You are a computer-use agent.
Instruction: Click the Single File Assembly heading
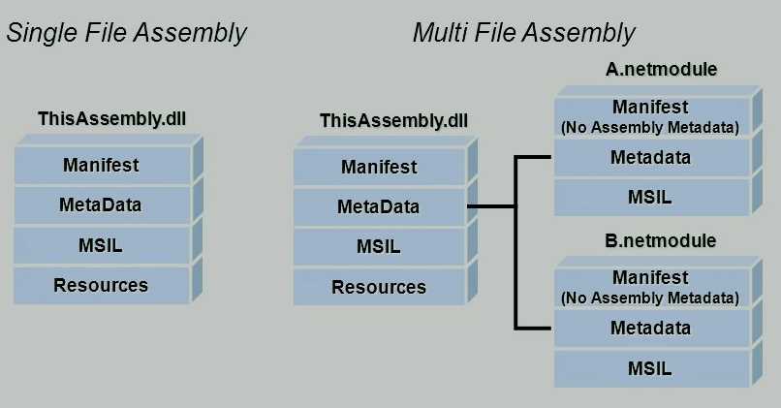coord(127,33)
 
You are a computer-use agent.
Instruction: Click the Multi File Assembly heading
coord(523,33)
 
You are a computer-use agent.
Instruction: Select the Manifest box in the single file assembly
coord(101,165)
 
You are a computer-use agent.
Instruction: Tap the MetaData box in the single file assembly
coord(101,204)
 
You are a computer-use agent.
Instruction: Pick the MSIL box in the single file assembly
coord(101,245)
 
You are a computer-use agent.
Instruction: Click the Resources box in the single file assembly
coord(101,285)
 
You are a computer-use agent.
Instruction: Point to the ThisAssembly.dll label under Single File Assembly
coord(112,119)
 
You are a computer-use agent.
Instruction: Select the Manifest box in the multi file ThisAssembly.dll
coord(379,167)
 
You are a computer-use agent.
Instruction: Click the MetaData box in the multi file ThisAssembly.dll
coord(379,206)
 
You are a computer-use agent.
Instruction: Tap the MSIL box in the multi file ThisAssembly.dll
coord(379,246)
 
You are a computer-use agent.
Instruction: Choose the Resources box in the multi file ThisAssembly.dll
coord(379,287)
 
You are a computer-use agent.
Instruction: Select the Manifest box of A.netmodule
coord(650,115)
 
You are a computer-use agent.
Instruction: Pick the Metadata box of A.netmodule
coord(650,157)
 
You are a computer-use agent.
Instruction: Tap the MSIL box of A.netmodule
coord(650,197)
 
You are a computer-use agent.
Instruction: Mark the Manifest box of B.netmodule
coord(650,287)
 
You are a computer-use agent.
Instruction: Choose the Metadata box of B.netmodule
coord(650,328)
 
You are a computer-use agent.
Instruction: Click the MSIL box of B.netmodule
coord(650,368)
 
